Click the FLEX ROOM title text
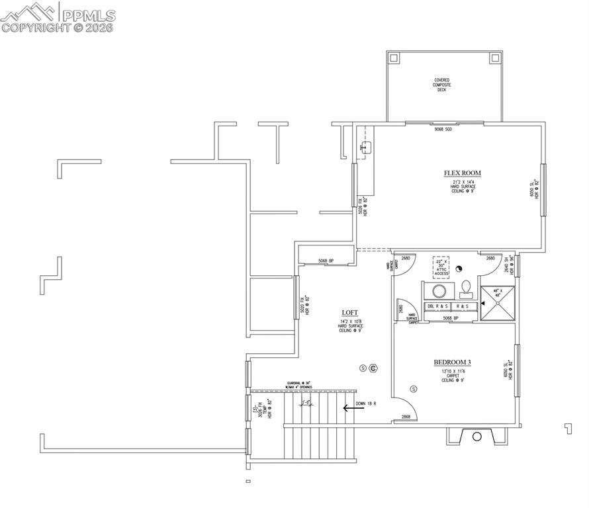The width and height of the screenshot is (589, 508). click(462, 173)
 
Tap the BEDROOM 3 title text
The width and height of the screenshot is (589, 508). click(453, 362)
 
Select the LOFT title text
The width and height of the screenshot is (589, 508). click(350, 313)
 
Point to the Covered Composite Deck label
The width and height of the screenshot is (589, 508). click(441, 85)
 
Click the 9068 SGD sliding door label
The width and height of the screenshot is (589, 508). click(443, 130)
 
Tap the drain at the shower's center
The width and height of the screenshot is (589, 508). click(498, 303)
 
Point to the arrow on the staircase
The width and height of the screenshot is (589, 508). click(353, 408)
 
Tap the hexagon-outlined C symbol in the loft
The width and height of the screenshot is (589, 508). click(373, 368)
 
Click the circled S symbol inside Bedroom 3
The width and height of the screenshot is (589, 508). click(414, 388)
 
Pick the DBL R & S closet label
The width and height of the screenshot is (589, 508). click(438, 306)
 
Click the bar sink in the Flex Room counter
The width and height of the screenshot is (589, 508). click(366, 148)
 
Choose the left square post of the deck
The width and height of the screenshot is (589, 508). click(394, 58)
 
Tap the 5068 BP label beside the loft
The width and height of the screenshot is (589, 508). click(326, 261)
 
